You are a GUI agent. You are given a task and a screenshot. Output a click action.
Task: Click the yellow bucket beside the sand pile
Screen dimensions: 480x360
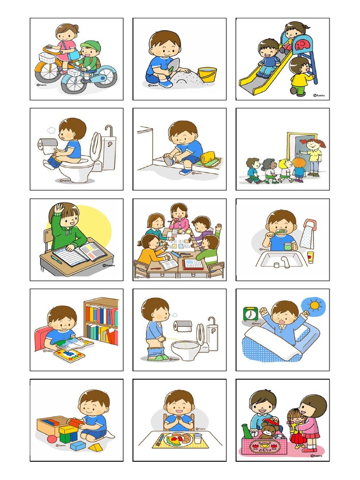(x=207, y=75)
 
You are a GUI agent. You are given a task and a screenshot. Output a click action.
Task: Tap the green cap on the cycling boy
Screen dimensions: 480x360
(x=90, y=46)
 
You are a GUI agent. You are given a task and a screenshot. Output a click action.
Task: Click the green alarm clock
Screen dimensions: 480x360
(x=250, y=314)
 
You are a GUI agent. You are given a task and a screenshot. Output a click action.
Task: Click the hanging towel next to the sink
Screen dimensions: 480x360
(x=307, y=234)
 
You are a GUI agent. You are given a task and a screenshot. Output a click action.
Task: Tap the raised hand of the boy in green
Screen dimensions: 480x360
(x=59, y=208)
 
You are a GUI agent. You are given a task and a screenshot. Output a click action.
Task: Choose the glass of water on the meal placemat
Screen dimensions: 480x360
(x=197, y=438)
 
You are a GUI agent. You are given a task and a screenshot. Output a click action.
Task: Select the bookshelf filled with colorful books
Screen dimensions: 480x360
(x=101, y=321)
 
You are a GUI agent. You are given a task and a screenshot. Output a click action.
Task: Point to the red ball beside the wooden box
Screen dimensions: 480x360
(x=52, y=439)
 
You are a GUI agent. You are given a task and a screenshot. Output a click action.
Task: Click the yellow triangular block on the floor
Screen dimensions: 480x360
(x=96, y=448)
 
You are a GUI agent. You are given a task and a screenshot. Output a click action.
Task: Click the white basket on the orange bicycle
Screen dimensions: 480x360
(x=45, y=57)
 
